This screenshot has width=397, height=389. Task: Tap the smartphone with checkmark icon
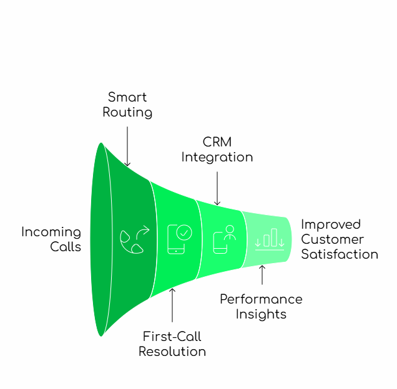[179, 239]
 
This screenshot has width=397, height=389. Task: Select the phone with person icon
[225, 239]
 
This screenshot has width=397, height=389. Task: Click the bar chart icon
[270, 239]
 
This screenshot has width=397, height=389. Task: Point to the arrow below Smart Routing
[127, 146]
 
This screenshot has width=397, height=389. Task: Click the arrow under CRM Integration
[217, 188]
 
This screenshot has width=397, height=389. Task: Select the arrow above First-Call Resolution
[172, 305]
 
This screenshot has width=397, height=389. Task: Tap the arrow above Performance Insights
[262, 275]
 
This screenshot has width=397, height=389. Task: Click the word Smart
[127, 97]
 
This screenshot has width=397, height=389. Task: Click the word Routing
[127, 113]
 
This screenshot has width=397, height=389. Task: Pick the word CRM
[217, 142]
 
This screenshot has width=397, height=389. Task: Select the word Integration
[217, 157]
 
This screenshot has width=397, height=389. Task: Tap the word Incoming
[51, 232]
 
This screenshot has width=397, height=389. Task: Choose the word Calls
[66, 247]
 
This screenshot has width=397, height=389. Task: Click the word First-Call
[172, 337]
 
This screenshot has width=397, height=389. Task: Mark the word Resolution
[172, 352]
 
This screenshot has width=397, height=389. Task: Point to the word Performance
[261, 299]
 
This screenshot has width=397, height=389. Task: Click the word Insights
[261, 314]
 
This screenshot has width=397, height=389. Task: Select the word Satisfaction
[340, 254]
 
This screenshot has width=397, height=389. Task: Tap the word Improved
[331, 224]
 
